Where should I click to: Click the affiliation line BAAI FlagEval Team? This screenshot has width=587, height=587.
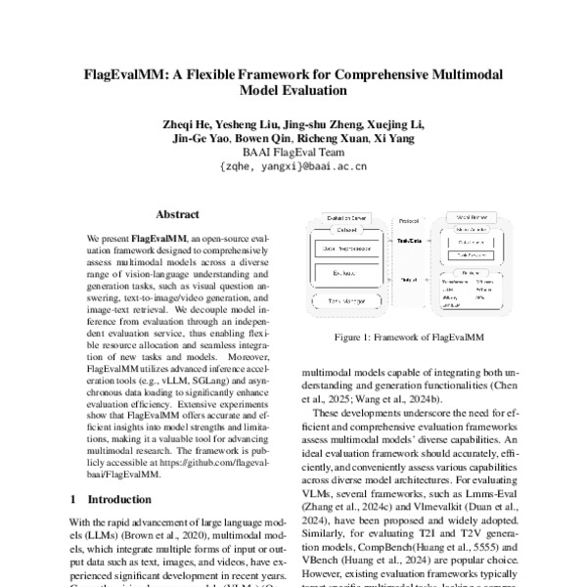tap(293, 154)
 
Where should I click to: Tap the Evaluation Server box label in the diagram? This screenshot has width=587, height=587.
tap(341, 219)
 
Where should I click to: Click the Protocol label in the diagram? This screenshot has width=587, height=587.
tap(405, 219)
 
